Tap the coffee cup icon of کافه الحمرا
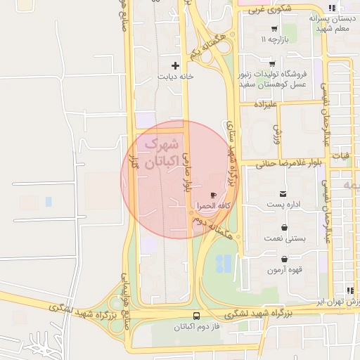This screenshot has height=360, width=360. pos(213,195)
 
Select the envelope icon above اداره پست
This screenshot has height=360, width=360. pos(283,193)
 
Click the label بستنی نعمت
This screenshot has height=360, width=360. pos(283,238)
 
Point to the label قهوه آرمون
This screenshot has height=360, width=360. pos(285,270)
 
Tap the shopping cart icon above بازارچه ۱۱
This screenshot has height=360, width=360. pos(274,30)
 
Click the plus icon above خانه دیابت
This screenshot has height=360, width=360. pos(175,65)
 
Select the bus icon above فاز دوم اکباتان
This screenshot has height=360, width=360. pos(196,316)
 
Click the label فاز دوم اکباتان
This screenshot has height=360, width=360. pos(196,327)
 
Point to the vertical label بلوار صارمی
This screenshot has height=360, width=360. pos(187,172)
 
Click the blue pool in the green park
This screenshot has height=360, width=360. pos(224,264)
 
